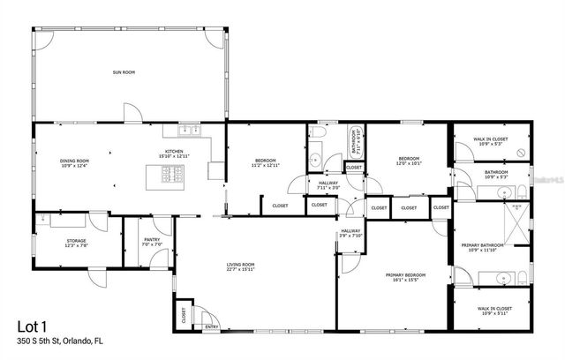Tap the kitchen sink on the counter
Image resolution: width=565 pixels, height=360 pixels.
tap(189, 131)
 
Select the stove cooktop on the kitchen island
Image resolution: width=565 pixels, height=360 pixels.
tap(173, 175)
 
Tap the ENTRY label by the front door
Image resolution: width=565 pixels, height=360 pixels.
tap(211, 326)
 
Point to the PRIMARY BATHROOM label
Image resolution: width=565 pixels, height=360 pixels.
tap(481, 246)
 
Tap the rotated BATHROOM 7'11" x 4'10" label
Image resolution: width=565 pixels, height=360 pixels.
tap(355, 140)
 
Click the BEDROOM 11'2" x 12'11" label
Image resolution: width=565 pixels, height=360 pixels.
tap(264, 162)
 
